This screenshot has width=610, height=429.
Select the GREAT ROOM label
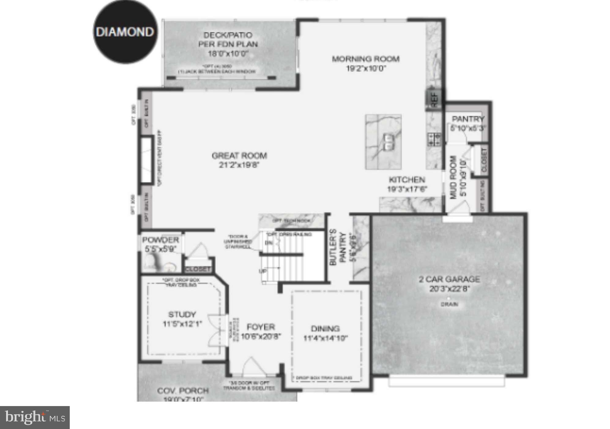[239, 156]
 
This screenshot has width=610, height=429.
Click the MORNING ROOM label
[366, 59]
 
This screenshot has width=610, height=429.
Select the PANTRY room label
[468, 119]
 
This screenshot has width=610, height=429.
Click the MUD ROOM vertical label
[453, 177]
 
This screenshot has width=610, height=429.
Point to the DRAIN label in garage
[449, 304]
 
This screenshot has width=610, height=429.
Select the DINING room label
[325, 329]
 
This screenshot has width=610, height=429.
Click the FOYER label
[261, 327]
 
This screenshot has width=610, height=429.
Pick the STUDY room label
[182, 314]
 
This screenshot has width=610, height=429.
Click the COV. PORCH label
[183, 391]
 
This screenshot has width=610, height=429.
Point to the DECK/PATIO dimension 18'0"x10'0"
[228, 54]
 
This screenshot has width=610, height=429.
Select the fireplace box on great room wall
[146, 161]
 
